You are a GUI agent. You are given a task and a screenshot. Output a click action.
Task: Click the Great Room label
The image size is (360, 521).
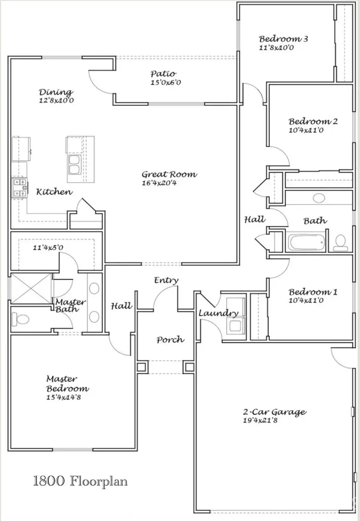170,174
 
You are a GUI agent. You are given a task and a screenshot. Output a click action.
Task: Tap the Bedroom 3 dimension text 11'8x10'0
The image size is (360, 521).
276,48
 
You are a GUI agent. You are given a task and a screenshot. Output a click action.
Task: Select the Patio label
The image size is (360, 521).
163,74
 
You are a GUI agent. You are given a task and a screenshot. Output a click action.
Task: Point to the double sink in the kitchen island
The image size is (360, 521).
75,165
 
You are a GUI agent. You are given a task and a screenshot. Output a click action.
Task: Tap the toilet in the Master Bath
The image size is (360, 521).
20,319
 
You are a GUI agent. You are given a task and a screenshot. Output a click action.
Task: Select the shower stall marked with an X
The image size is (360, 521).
31,288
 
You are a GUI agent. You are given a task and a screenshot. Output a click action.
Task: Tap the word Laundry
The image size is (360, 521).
218,313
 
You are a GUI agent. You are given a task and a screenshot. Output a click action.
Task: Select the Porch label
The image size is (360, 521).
170,340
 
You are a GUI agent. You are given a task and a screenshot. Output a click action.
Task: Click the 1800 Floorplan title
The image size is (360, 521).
80,481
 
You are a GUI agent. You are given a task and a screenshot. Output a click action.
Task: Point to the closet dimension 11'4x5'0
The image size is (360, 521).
48,248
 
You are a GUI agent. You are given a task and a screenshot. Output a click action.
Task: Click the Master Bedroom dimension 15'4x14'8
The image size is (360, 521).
64,397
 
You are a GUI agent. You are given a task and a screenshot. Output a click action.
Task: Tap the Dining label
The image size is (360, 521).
56,92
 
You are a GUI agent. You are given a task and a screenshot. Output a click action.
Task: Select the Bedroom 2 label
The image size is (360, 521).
313,122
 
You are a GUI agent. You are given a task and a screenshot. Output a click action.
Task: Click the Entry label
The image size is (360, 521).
166,280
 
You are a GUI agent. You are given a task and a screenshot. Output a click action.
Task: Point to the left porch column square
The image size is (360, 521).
142,367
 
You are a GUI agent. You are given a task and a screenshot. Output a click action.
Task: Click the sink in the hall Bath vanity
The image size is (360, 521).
319,198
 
